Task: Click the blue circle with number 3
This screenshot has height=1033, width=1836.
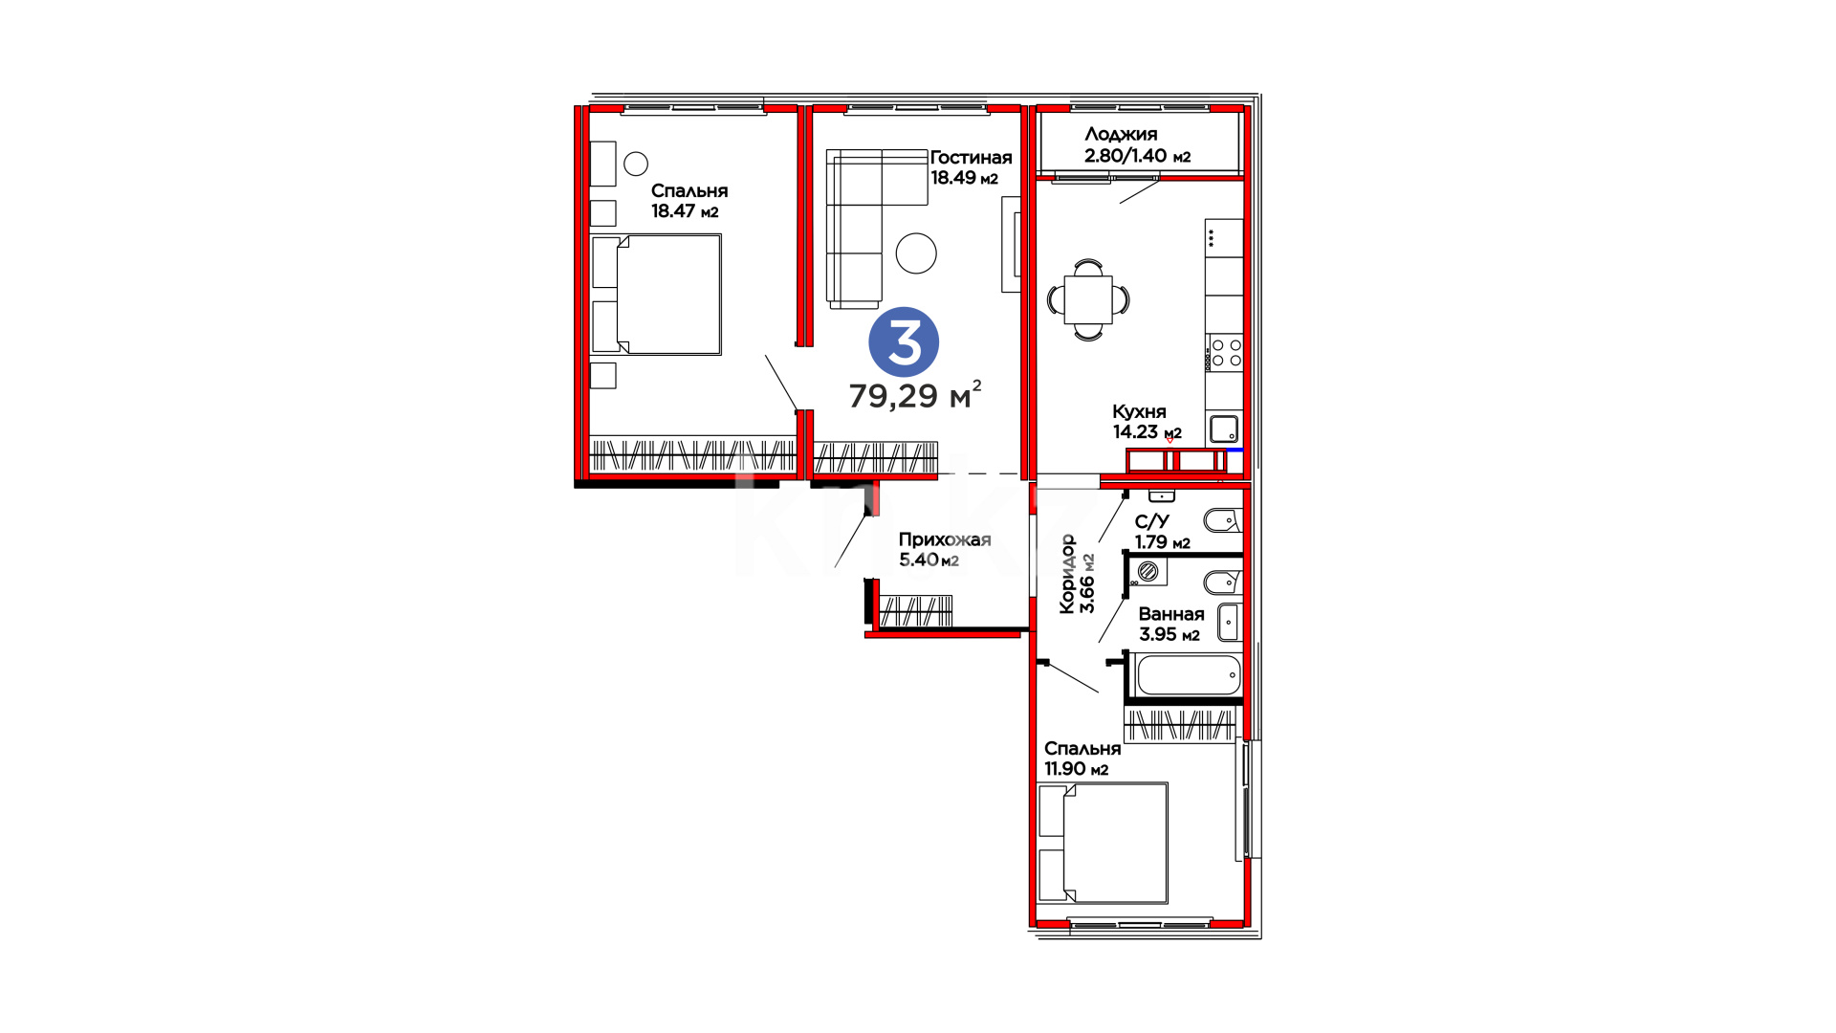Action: (904, 342)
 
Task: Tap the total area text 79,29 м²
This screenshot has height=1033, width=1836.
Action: (915, 394)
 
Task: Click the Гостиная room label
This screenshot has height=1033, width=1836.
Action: (971, 158)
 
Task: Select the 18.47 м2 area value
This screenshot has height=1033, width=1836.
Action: (685, 211)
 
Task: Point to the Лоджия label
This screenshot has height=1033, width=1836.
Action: (1121, 135)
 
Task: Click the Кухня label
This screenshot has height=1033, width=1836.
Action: (1139, 411)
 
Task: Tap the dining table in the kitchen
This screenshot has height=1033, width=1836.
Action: (1088, 299)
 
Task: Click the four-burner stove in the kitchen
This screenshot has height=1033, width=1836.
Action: (1224, 352)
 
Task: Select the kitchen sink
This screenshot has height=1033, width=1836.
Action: (1224, 429)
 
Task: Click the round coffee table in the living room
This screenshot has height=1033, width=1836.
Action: (916, 253)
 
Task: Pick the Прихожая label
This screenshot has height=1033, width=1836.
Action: (945, 539)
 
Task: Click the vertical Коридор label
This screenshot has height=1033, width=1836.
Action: (1069, 573)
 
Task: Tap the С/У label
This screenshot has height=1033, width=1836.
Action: (1152, 521)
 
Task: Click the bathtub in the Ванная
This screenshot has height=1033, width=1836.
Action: (1187, 675)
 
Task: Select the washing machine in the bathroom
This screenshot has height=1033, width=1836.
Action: (1148, 572)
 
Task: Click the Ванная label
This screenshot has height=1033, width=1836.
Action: (1171, 614)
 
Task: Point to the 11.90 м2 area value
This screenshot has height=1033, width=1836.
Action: (1077, 769)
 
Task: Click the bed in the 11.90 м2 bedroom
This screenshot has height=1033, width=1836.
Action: (1103, 843)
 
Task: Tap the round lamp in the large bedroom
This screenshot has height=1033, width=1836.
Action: (636, 164)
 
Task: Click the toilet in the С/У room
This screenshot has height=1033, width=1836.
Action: (1222, 521)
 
